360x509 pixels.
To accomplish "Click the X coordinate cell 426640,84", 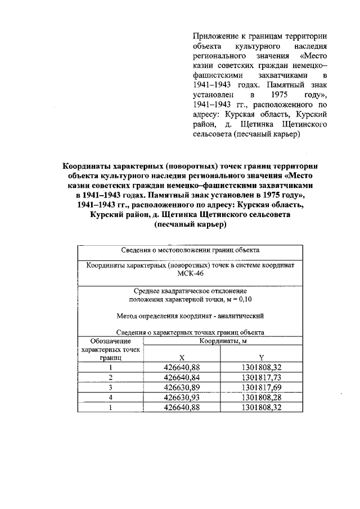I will pyautogui.click(x=182, y=377).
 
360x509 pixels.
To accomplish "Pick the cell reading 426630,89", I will pyautogui.click(x=182, y=388).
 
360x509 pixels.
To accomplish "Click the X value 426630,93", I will pyautogui.click(x=182, y=398).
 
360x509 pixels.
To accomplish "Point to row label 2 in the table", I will pyautogui.click(x=111, y=377).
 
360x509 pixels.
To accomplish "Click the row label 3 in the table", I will pyautogui.click(x=111, y=388).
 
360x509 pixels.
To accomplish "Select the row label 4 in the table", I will pyautogui.click(x=111, y=398).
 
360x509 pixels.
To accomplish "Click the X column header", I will pyautogui.click(x=182, y=357).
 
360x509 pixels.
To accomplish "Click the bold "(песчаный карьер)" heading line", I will pyautogui.click(x=190, y=224).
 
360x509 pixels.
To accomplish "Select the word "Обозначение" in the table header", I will pyautogui.click(x=111, y=341).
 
